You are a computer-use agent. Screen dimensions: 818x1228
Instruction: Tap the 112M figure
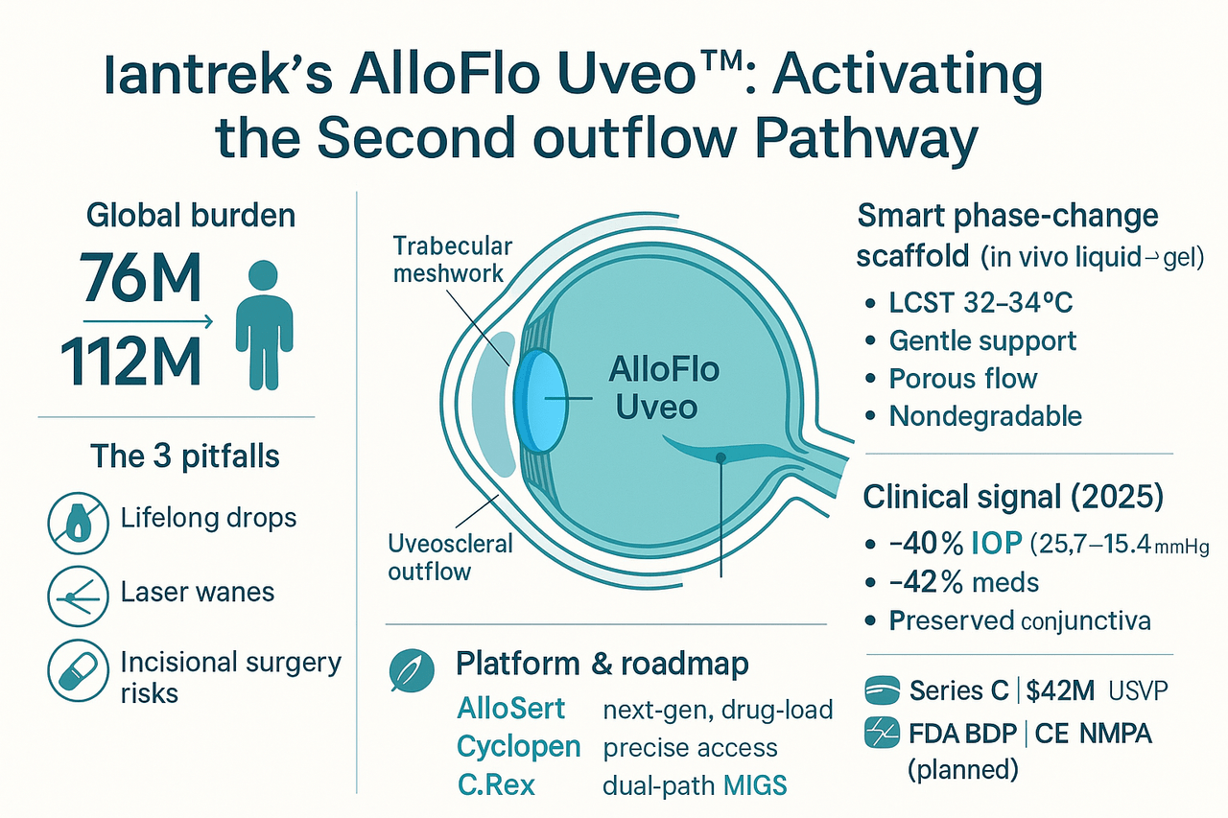tap(131, 361)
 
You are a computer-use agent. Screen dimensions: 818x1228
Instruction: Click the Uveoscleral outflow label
tap(450, 557)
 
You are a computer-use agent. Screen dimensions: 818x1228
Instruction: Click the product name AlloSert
tap(511, 709)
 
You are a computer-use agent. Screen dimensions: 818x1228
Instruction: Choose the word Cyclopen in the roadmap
tap(518, 746)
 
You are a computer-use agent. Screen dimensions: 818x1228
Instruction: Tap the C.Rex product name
tap(496, 784)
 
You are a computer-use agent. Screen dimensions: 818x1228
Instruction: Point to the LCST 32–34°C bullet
tap(980, 304)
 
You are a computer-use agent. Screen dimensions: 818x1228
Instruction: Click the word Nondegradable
tap(985, 415)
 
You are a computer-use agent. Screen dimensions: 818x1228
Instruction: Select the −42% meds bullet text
tap(964, 581)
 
